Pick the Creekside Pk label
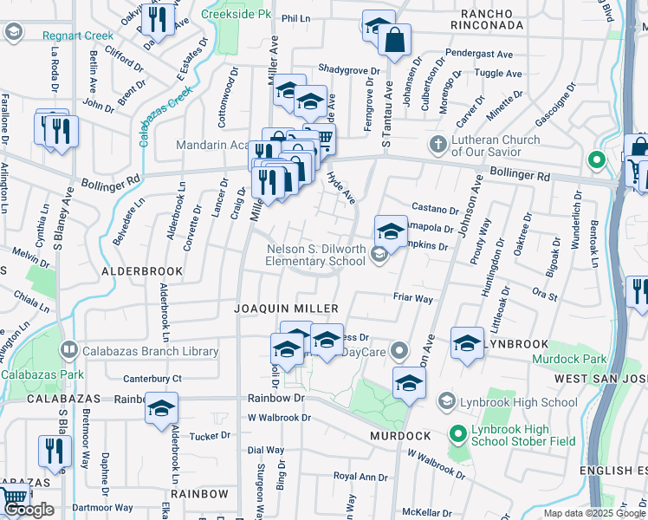(231, 14)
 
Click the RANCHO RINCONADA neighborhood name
(492, 25)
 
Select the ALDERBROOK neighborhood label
(143, 271)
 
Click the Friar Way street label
(412, 298)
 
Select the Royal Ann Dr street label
(361, 477)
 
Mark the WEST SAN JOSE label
(600, 380)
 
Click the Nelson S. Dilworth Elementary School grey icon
(378, 254)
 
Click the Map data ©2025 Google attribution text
(593, 513)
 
